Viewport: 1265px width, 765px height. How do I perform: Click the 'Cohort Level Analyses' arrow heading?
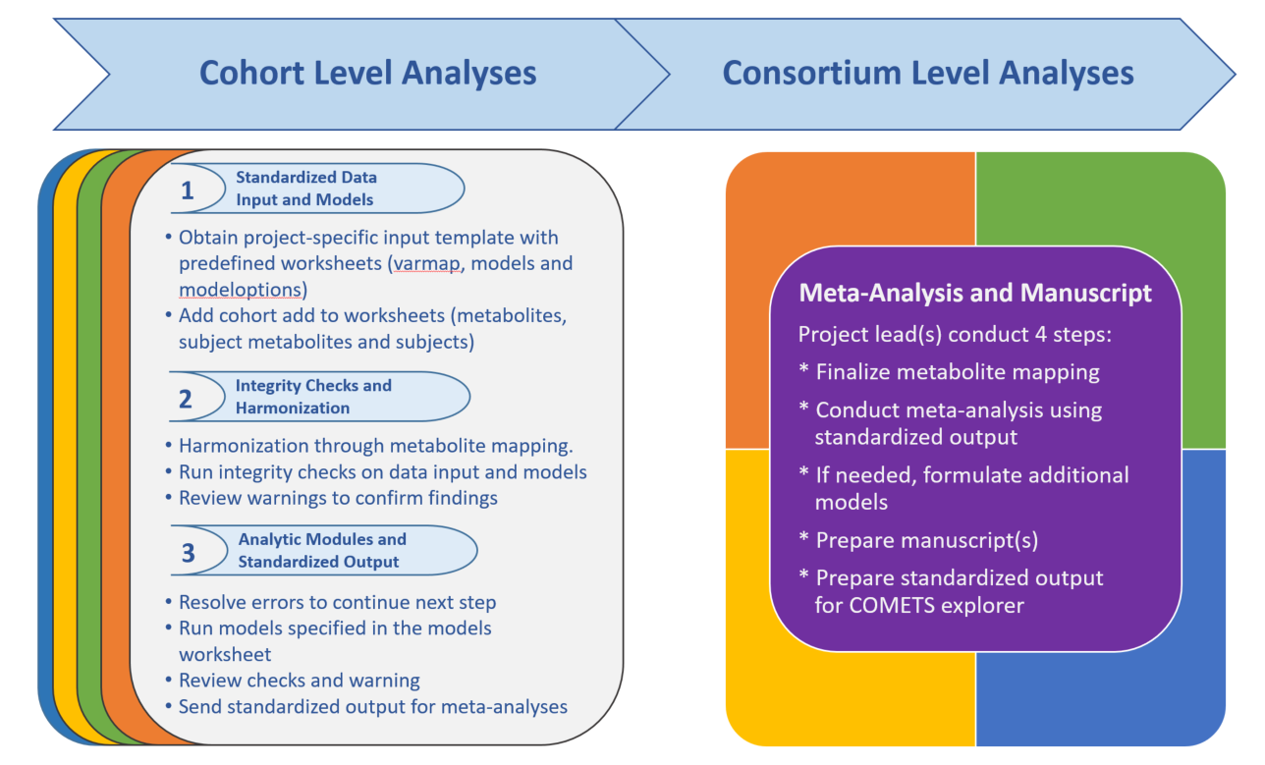tap(367, 74)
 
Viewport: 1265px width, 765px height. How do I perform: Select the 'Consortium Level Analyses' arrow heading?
tap(928, 74)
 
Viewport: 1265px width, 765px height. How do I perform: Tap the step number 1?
tap(188, 191)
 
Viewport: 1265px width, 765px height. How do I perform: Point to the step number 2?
tap(186, 399)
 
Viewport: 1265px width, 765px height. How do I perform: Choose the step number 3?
tap(188, 553)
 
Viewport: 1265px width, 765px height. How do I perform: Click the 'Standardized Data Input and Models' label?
tap(306, 189)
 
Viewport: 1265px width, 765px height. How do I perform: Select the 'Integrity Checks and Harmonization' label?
tap(313, 397)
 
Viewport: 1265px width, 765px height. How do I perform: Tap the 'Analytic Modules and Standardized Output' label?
tap(322, 551)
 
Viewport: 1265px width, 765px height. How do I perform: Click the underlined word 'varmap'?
tap(426, 263)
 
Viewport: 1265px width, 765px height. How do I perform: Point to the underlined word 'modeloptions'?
tap(240, 290)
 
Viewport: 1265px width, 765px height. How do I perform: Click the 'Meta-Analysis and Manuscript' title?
tap(975, 293)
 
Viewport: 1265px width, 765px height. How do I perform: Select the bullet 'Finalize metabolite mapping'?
tap(950, 372)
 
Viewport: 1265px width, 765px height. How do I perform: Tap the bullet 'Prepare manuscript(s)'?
tap(919, 540)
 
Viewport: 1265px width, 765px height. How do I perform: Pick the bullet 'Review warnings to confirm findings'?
tap(332, 498)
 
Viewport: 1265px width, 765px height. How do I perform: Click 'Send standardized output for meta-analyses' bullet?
tap(366, 707)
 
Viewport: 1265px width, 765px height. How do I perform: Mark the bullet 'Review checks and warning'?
tap(293, 681)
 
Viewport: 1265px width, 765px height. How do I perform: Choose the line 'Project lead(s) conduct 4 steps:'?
tap(955, 335)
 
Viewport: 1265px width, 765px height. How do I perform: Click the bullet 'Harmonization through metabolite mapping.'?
tap(369, 446)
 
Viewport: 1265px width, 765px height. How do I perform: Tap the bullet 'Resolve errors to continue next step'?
tap(331, 602)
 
